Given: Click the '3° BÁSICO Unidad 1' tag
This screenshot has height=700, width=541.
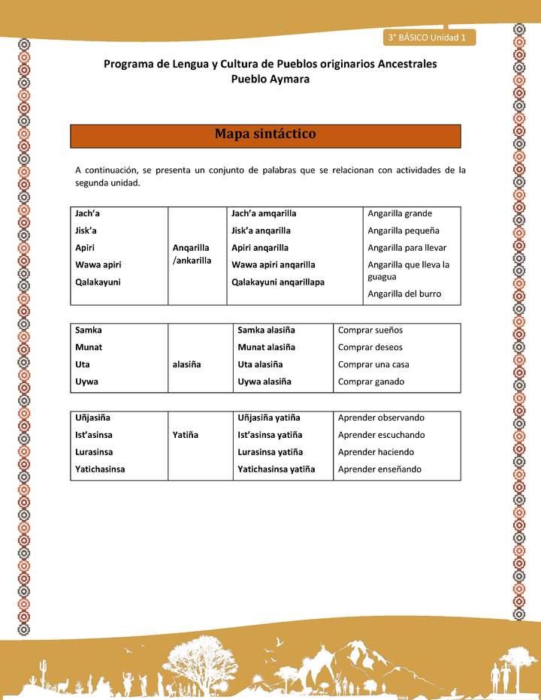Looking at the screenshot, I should [428, 37].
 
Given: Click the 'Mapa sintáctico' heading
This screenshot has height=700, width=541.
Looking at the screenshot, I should [265, 134].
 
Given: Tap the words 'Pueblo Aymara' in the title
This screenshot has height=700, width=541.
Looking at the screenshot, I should [270, 79].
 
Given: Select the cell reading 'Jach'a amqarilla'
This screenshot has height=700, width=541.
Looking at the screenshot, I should [264, 213].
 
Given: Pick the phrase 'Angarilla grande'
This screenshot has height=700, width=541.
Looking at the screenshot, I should [400, 213].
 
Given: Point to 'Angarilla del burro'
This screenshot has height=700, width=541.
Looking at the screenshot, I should [404, 294].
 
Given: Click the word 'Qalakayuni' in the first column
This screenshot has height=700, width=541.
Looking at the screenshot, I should [98, 282].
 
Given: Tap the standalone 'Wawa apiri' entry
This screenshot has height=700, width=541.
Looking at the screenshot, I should [98, 264].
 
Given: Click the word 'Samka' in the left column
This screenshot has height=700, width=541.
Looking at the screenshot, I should [89, 330].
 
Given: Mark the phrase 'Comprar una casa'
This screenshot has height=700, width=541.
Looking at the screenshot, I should [373, 364].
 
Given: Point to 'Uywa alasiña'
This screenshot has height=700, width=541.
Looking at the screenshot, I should [264, 382].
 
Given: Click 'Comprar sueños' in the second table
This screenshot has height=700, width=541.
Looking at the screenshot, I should [370, 330].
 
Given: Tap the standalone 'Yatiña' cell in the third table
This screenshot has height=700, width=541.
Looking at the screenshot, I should [186, 435].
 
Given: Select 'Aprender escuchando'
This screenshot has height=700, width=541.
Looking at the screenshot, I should [381, 435].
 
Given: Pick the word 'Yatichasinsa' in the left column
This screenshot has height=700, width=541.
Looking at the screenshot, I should [100, 469].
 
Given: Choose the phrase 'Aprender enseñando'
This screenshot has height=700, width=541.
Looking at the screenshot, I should [379, 469].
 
